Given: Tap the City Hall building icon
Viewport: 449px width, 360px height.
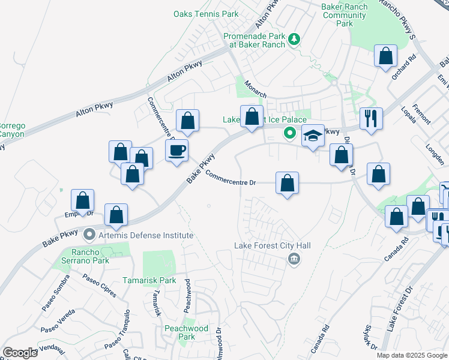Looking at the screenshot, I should (x=294, y=259).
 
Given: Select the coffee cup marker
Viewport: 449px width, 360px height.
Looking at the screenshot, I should (x=177, y=151).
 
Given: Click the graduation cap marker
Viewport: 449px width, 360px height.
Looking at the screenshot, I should (x=313, y=137).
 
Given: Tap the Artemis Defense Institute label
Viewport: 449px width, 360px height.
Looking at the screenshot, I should (x=146, y=235).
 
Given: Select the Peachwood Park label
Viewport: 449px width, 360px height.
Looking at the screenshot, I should (x=186, y=332).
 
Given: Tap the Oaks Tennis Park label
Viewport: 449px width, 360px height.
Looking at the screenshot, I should (x=206, y=14).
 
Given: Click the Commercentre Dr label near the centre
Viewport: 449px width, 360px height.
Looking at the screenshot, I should (x=231, y=179).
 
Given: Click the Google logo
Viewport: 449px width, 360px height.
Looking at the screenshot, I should (x=20, y=353).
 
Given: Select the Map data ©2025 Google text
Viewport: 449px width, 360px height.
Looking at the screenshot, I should (x=411, y=355).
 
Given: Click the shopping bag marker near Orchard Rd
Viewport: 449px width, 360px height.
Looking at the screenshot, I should (x=385, y=56).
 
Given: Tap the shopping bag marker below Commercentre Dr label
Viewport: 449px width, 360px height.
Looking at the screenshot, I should (x=288, y=182).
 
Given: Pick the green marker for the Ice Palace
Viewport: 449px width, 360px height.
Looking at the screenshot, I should (x=290, y=133).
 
